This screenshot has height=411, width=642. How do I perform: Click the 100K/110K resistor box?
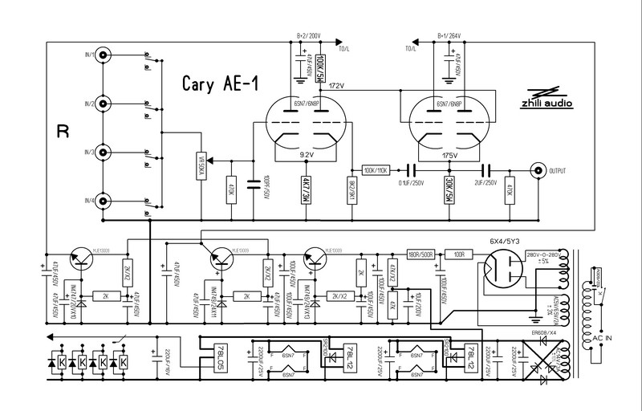tap(376, 170)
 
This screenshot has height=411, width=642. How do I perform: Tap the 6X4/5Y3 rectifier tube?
tap(505, 267)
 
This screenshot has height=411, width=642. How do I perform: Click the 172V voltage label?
tap(335, 85)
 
